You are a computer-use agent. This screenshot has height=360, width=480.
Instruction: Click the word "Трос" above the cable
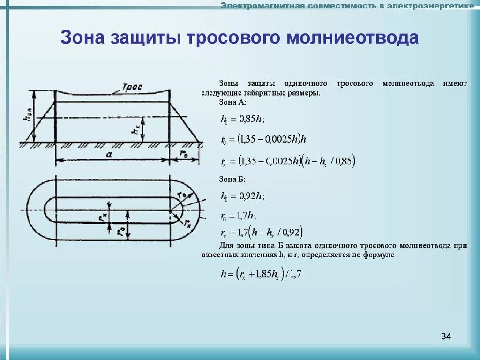[132, 87]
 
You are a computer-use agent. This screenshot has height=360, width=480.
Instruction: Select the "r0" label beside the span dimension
[184, 154]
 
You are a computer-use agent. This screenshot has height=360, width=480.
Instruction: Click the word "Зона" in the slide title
[82, 38]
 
